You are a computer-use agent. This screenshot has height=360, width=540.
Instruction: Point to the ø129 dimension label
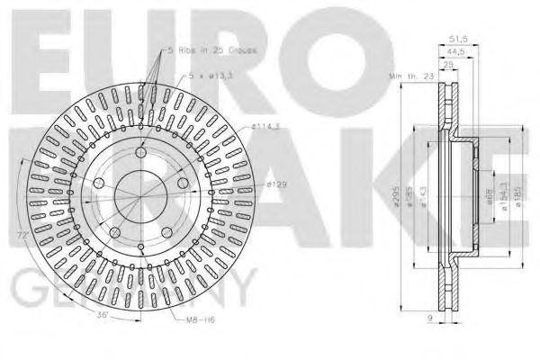(x=276, y=184)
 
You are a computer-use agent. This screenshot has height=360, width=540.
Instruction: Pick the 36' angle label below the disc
(x=103, y=314)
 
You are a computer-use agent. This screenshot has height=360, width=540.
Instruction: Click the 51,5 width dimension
(x=459, y=39)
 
